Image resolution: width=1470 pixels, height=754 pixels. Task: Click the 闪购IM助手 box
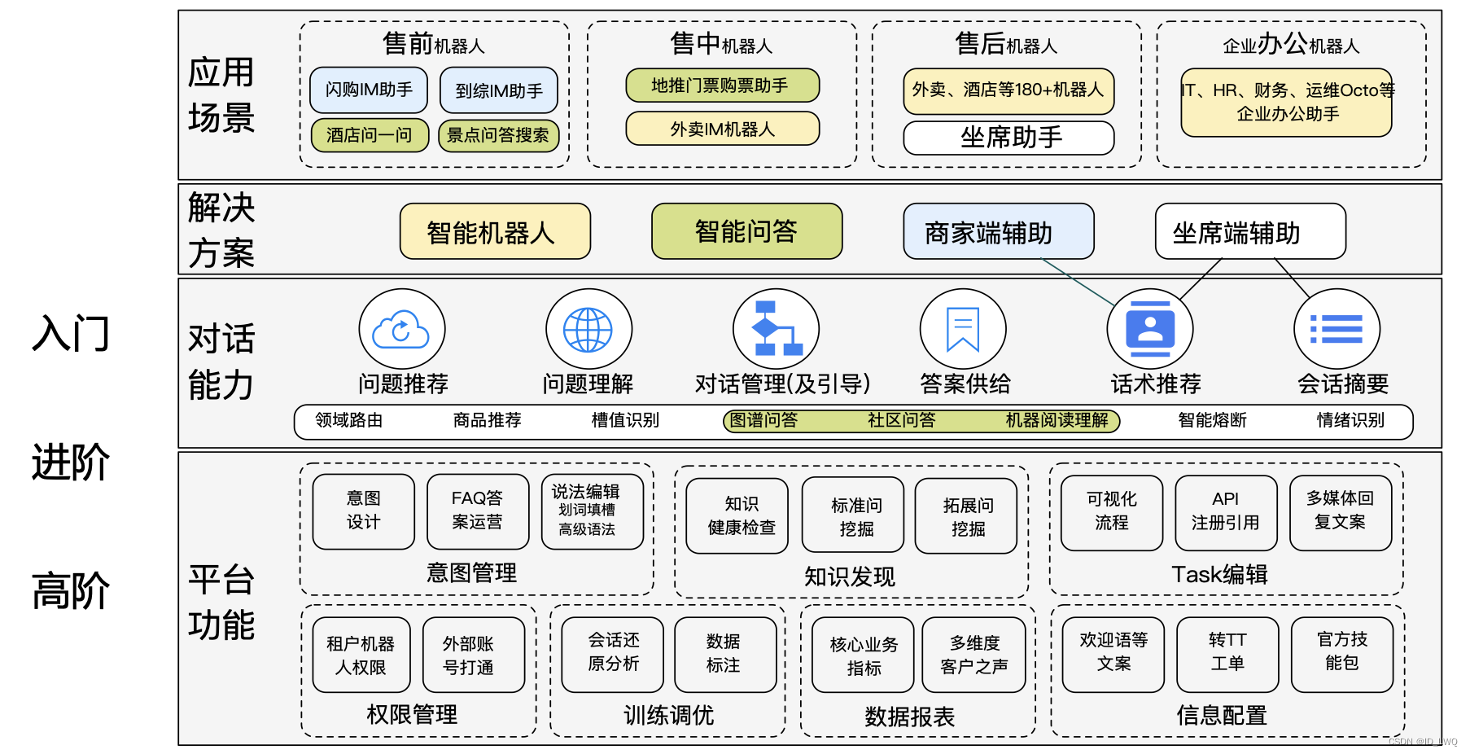369,90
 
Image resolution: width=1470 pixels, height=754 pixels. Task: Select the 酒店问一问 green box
370,135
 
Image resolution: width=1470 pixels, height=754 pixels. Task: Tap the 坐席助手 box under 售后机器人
1008,138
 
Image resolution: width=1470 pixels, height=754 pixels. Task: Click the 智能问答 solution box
746,231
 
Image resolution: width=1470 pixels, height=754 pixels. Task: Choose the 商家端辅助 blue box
998,232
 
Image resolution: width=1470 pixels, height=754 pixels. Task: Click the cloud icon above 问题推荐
401,330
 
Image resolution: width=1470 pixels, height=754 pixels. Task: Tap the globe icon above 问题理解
588,330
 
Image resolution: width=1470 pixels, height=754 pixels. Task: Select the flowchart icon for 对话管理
776,329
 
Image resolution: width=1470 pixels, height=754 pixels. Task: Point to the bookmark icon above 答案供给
963,329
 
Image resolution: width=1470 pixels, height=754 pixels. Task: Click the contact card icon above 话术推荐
1150,329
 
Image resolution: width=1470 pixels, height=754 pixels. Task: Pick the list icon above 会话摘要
1337,329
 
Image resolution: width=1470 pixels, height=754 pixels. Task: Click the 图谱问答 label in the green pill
763,420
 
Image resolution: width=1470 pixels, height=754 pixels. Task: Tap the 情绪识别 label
1350,420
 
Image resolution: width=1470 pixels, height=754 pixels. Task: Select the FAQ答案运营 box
478,511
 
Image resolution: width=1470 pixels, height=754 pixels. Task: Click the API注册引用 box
1226,511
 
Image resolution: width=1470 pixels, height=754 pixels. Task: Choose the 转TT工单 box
1227,653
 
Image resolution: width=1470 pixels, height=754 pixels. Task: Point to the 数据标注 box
724,654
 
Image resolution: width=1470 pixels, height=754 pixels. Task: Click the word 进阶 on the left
71,462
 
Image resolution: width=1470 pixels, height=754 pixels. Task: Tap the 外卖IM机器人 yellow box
722,129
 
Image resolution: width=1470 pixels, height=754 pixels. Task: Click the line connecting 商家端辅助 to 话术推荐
1078,282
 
